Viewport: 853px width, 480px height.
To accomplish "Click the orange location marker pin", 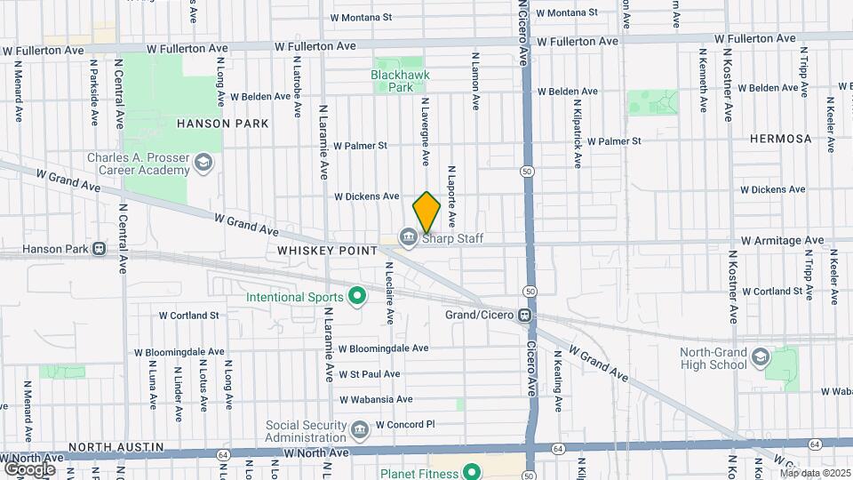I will pos(427,212).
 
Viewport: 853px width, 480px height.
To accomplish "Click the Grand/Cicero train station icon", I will pos(526,315).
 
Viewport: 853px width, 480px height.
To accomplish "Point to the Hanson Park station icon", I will pos(99,249).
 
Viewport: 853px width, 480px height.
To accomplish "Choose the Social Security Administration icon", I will pos(360,432).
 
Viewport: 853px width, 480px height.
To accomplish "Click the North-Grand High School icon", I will pos(761,357).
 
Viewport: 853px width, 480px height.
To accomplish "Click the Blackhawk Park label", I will pos(392,82).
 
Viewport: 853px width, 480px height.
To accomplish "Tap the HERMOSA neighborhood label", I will pos(780,139).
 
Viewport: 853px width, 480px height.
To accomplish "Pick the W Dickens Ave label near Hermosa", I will pos(772,189).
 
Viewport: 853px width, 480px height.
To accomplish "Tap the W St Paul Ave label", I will pos(369,374).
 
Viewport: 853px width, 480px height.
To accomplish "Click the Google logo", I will pos(28,468).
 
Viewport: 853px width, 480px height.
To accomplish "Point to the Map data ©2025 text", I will pos(816,473).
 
